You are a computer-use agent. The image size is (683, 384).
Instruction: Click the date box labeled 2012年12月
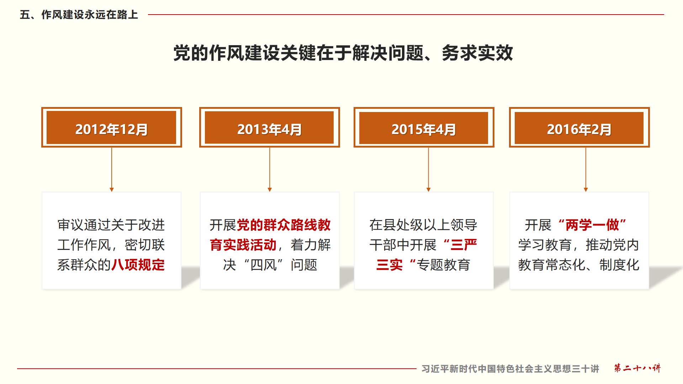click(x=112, y=127)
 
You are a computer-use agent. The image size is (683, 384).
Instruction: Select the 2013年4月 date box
click(x=270, y=127)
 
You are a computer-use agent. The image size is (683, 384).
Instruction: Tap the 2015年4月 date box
click(x=424, y=127)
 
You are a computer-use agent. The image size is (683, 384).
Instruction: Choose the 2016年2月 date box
click(x=579, y=127)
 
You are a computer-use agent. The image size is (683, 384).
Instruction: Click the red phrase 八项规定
click(x=138, y=265)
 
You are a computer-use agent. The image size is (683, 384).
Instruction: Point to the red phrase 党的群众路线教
click(x=284, y=225)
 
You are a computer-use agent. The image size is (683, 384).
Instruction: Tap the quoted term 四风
click(x=264, y=265)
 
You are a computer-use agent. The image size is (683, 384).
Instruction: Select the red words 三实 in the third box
click(x=390, y=265)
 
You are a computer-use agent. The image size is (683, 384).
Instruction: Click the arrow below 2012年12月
click(x=112, y=170)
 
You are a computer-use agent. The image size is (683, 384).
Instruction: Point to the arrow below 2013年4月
click(x=270, y=170)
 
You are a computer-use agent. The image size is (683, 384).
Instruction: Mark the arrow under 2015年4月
click(x=428, y=170)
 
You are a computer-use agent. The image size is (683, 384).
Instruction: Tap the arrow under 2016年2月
click(x=586, y=170)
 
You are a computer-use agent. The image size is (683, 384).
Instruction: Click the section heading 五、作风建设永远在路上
click(x=79, y=15)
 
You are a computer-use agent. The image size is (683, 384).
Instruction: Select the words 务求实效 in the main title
click(x=477, y=53)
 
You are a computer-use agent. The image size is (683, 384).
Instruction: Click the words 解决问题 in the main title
click(x=388, y=53)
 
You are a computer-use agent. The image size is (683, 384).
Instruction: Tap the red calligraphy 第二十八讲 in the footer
click(x=637, y=368)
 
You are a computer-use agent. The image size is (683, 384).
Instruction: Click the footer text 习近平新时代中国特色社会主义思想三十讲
click(x=510, y=369)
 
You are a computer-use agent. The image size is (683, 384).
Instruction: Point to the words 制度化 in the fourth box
click(x=619, y=265)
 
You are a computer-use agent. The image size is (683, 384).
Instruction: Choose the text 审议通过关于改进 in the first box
click(x=111, y=225)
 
